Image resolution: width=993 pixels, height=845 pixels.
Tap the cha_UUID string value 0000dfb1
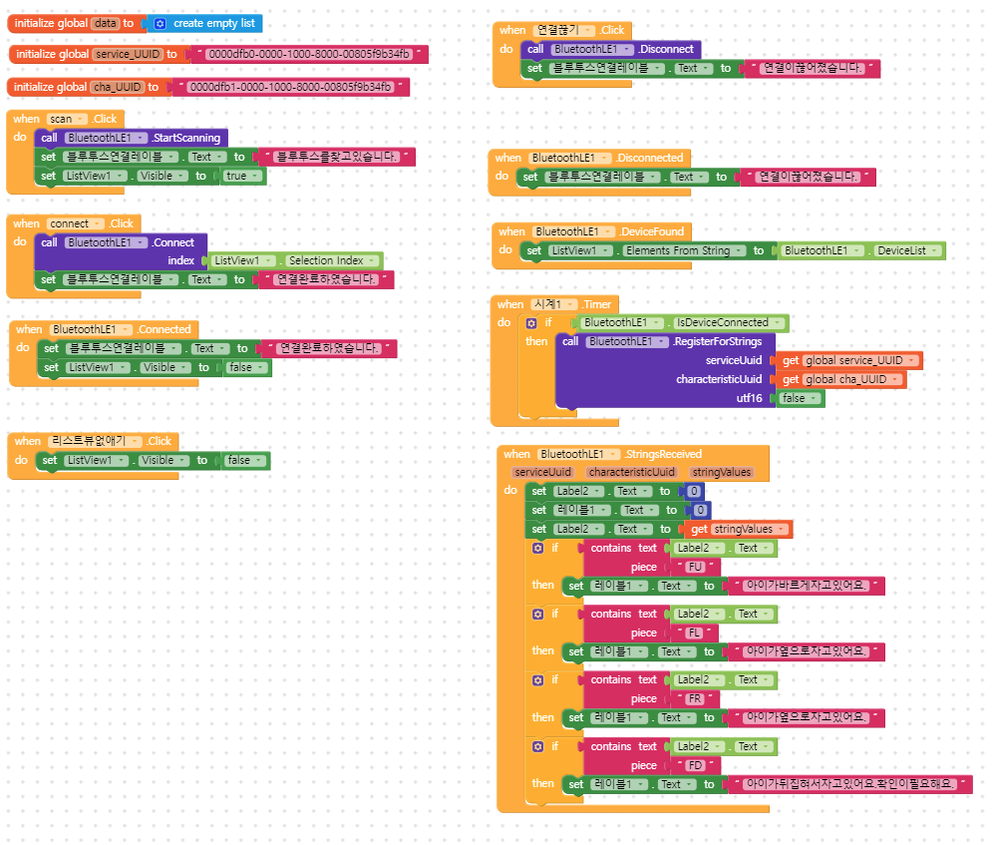[289, 88]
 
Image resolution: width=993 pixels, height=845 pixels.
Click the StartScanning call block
[185, 138]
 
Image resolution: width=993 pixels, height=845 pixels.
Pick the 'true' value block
[237, 176]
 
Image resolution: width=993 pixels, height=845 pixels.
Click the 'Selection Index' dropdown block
[326, 260]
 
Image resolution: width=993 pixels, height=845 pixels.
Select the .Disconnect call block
[669, 49]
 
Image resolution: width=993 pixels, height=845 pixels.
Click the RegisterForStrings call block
[718, 341]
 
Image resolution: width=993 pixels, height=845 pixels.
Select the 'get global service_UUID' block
[849, 360]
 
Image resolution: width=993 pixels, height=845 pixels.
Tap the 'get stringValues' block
[739, 529]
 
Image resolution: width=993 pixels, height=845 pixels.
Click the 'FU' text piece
[696, 567]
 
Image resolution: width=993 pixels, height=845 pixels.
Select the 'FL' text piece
[696, 633]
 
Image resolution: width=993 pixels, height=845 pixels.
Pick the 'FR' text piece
[696, 698]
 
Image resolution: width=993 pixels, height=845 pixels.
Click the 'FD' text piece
[696, 765]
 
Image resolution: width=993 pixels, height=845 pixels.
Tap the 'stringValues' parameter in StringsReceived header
[723, 472]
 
